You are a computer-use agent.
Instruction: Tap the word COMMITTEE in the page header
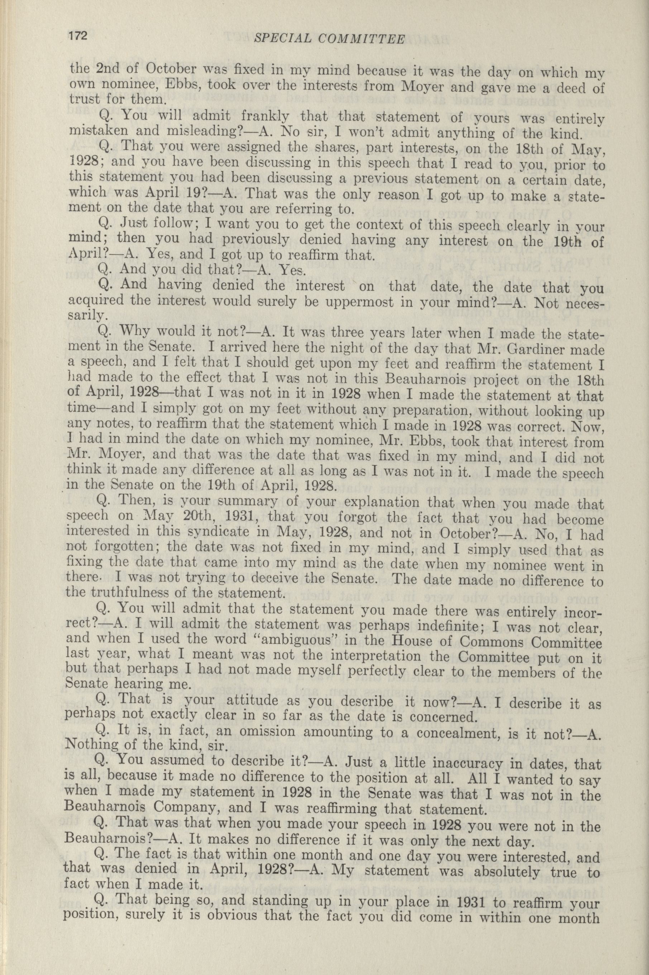[363, 39]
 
